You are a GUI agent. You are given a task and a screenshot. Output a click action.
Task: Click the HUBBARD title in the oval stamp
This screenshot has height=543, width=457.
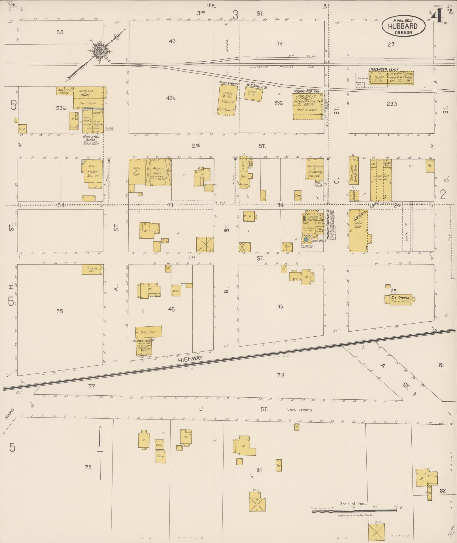[403, 26]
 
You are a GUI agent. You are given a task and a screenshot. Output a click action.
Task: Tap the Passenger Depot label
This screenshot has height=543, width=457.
[383, 70]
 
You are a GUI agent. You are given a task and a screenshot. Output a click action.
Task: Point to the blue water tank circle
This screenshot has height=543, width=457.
[306, 240]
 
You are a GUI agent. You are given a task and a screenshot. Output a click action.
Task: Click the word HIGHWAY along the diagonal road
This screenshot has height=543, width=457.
[190, 359]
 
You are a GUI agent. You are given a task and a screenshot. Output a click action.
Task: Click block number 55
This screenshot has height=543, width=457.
[59, 311]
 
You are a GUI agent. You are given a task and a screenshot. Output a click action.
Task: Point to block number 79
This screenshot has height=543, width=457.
[280, 375]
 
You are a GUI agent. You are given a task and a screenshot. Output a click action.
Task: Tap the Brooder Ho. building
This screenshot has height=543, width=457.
[92, 270]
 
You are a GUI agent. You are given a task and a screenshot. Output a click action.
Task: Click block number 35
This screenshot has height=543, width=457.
[280, 307]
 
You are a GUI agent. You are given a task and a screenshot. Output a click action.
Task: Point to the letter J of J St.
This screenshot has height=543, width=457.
[201, 409]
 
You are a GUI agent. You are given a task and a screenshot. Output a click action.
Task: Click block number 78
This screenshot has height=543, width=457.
[88, 467]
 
